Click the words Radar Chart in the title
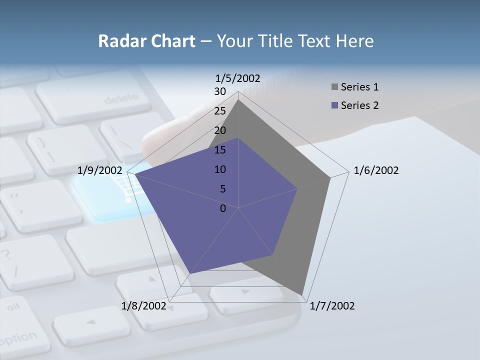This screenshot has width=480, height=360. pyautogui.click(x=146, y=41)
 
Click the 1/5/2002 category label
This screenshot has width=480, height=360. pyautogui.click(x=237, y=78)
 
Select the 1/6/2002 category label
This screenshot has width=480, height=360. pyautogui.click(x=376, y=170)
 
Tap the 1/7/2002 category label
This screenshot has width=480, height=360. pyautogui.click(x=332, y=306)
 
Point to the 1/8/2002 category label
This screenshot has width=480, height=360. pyautogui.click(x=143, y=306)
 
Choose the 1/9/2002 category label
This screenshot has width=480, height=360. pyautogui.click(x=100, y=170)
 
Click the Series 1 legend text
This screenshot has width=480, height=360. pyautogui.click(x=359, y=87)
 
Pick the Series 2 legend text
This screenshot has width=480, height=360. pyautogui.click(x=359, y=105)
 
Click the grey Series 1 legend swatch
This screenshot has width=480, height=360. pyautogui.click(x=334, y=87)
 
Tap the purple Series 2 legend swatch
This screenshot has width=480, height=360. pyautogui.click(x=334, y=105)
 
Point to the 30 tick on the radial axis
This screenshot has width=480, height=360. pyautogui.click(x=220, y=91)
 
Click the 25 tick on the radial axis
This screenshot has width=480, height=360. pyautogui.click(x=220, y=111)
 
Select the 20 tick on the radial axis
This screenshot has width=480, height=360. pyautogui.click(x=220, y=130)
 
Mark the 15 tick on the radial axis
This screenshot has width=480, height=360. pyautogui.click(x=220, y=150)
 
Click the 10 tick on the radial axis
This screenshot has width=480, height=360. pyautogui.click(x=220, y=169)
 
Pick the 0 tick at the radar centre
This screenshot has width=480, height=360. pyautogui.click(x=223, y=208)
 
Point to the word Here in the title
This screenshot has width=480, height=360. pyautogui.click(x=355, y=41)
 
